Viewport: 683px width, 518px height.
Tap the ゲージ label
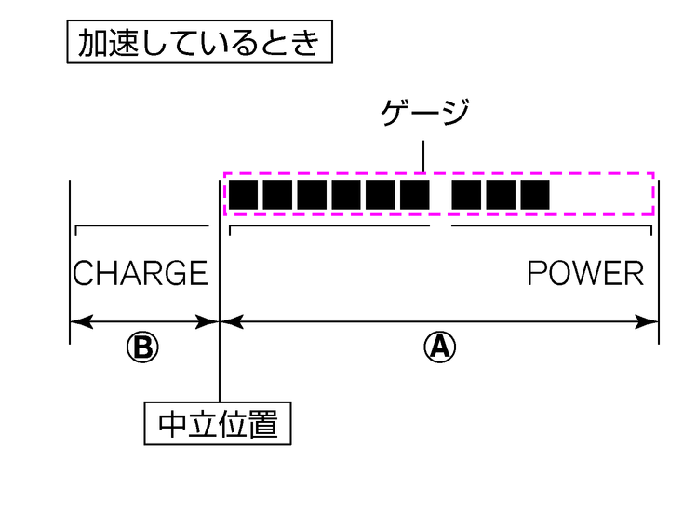coord(424,115)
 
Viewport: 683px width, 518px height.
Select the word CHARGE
coord(141,273)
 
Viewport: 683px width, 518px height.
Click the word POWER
coord(585,273)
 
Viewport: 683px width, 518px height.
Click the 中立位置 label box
coord(218,424)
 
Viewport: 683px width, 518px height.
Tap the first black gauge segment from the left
coord(243,194)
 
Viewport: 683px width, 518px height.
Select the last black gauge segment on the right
coord(535,194)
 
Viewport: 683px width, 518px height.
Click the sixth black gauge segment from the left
coord(413,194)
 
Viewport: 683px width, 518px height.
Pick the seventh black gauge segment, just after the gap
coord(466,194)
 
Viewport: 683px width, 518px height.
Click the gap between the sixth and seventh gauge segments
coord(440,194)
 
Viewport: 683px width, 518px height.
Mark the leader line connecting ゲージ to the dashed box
coord(424,156)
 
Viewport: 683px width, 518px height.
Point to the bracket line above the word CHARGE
coord(141,225)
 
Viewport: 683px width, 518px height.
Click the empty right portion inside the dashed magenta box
coord(600,194)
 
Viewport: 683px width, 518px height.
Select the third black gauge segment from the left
coord(311,194)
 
